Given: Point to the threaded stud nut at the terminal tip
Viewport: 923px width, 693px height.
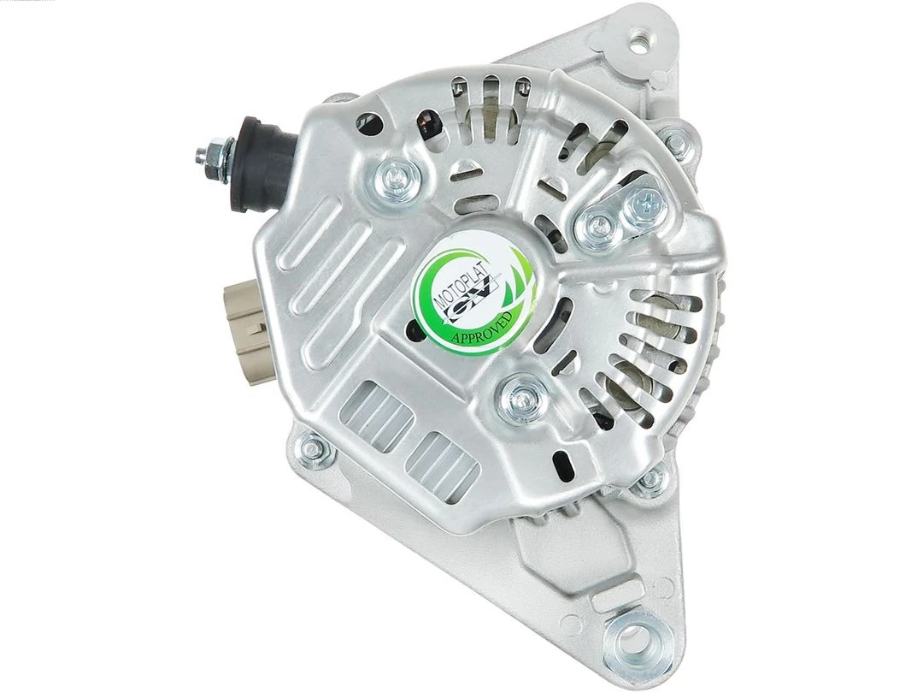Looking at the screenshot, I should point(206,155).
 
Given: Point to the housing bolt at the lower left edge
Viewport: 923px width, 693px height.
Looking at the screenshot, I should point(314,445).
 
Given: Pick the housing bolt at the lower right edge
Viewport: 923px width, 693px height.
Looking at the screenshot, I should point(651,479).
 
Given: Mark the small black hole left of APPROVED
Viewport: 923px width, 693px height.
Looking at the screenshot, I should point(416,333).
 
